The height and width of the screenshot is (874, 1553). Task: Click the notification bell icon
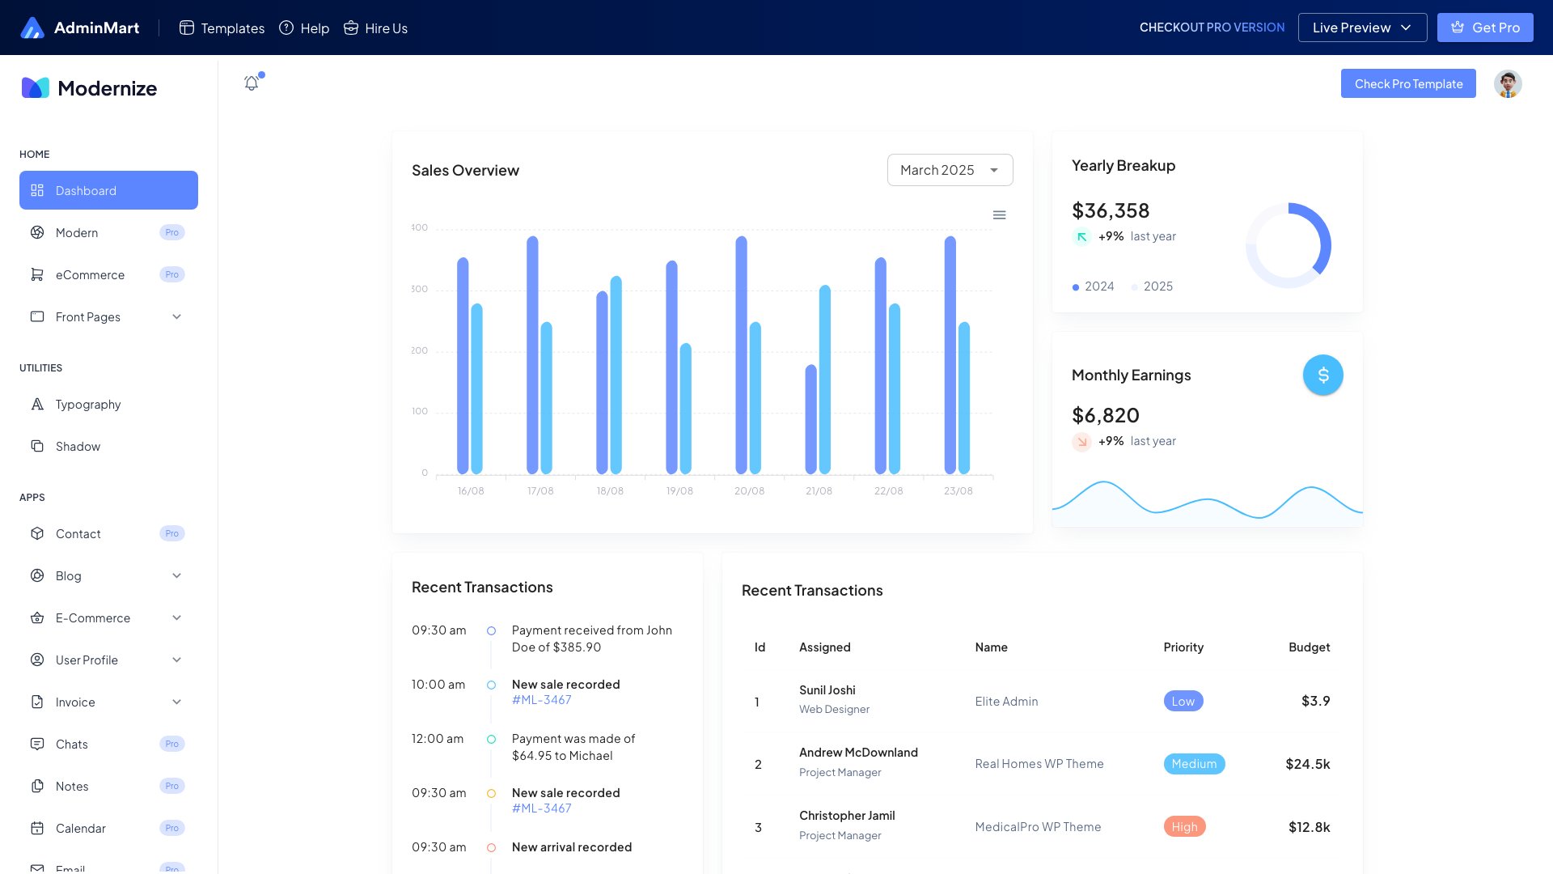click(x=252, y=83)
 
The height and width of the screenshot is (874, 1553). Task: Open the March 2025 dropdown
click(x=950, y=170)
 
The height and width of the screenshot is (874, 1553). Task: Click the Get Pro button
click(x=1485, y=28)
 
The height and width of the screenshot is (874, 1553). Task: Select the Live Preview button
click(x=1362, y=28)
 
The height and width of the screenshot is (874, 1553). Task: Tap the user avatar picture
click(x=1508, y=84)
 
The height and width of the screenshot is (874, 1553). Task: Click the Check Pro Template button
click(x=1408, y=84)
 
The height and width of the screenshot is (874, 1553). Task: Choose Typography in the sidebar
click(x=88, y=405)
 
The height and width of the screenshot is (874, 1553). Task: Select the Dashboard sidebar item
click(x=108, y=191)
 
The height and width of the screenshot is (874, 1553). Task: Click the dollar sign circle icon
click(x=1323, y=375)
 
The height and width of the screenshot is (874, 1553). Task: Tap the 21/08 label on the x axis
click(x=819, y=491)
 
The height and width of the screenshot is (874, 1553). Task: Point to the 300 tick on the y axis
click(x=419, y=289)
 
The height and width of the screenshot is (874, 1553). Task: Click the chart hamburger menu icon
click(x=1000, y=215)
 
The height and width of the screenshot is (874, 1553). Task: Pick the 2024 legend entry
click(x=1094, y=286)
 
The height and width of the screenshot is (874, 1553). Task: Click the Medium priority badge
click(x=1194, y=764)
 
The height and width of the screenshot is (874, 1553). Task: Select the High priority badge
click(x=1184, y=827)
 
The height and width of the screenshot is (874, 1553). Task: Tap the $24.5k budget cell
click(x=1308, y=764)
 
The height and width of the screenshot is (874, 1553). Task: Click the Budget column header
click(x=1309, y=647)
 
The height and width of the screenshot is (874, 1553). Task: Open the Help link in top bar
click(x=304, y=28)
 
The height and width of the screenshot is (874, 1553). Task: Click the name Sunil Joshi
click(x=827, y=690)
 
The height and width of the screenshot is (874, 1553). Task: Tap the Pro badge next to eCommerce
click(x=172, y=275)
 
